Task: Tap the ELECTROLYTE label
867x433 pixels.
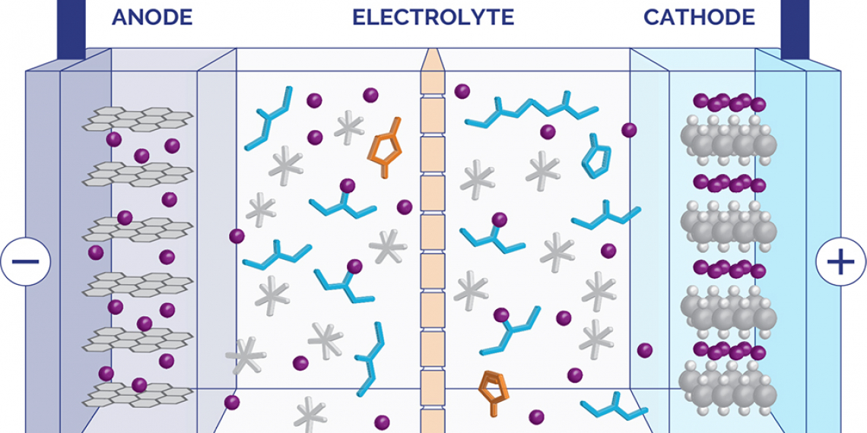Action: (433, 17)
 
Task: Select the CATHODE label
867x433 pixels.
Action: (699, 17)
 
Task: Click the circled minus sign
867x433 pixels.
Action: (25, 261)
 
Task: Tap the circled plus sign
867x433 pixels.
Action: (840, 262)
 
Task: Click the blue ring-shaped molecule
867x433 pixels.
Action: (596, 157)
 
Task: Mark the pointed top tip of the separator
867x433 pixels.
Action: (432, 55)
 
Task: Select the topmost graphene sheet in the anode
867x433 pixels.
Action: (137, 117)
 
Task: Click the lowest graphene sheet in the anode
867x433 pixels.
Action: (137, 392)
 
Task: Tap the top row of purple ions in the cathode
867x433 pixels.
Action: (729, 103)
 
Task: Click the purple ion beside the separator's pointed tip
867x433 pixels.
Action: (462, 91)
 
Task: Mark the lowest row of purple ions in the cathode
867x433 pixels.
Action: (729, 350)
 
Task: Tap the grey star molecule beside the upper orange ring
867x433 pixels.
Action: (349, 127)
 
